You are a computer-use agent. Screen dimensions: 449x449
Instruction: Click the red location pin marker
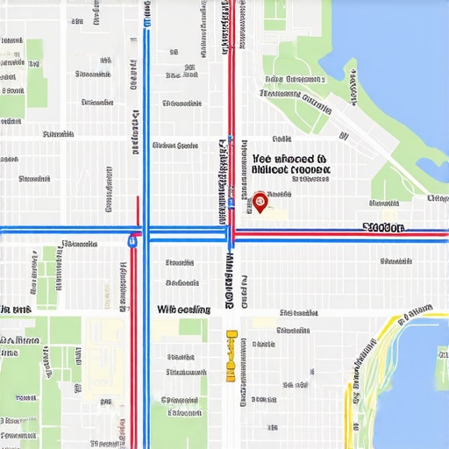[260, 202]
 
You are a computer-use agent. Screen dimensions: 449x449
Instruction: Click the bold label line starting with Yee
[289, 151]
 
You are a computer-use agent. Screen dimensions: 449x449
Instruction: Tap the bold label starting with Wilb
[183, 310]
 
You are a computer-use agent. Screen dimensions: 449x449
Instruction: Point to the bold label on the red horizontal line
[383, 228]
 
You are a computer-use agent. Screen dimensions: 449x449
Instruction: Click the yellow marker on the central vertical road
[231, 355]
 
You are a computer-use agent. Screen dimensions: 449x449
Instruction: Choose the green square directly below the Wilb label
[192, 328]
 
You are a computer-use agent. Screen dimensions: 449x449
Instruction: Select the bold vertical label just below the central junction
[228, 281]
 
